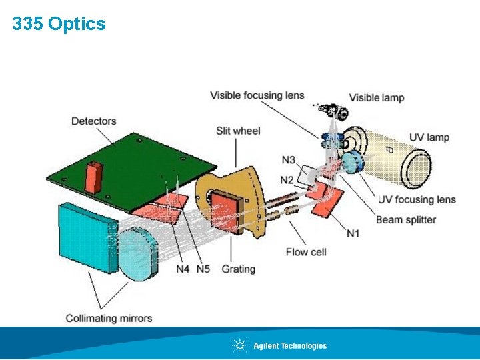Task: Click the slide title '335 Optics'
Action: coord(59,24)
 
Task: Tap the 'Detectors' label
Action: coord(94,121)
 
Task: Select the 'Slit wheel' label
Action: coord(238,131)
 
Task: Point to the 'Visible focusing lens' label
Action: coord(257,95)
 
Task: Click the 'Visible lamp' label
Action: coord(377,97)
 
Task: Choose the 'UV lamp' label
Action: coord(429,137)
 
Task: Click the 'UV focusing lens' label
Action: coord(417,199)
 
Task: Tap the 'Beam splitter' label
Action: coord(406,219)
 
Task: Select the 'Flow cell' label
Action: coord(306,252)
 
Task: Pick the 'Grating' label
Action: coord(238,269)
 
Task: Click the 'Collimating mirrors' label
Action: coord(109,318)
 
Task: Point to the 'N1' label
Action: coord(353,233)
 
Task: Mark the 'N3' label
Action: coord(288,160)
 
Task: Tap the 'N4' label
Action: coord(183,269)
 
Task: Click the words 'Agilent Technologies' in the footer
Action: coord(290,345)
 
